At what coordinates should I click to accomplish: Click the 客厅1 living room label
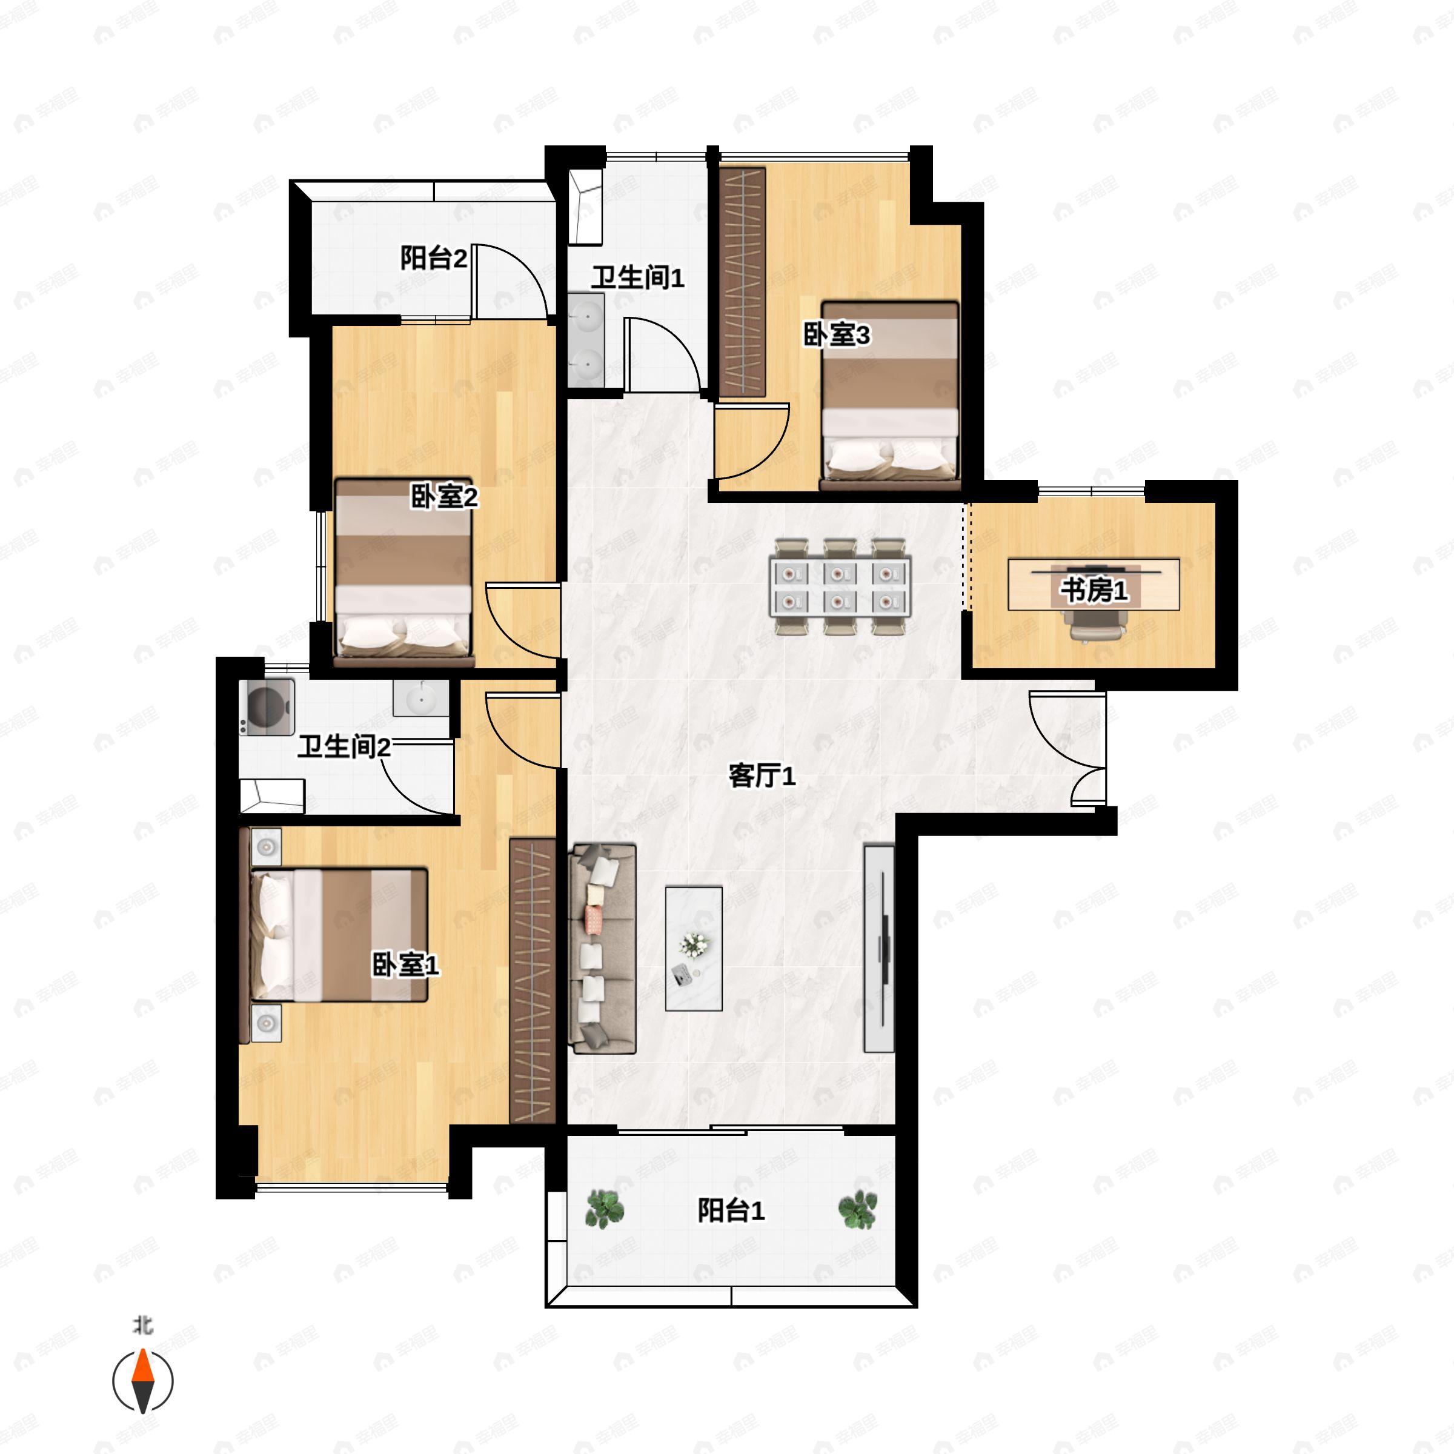point(762,776)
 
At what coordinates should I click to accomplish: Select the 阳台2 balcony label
point(434,258)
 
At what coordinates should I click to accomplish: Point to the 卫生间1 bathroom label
point(637,277)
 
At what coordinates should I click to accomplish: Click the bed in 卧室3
point(891,396)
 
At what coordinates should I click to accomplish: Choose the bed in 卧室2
point(403,573)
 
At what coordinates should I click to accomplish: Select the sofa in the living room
point(602,948)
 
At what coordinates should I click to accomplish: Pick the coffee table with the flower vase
point(693,948)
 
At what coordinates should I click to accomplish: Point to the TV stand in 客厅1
point(879,948)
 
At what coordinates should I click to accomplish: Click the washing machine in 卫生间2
point(267,708)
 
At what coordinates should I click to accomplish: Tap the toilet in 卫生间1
point(585,207)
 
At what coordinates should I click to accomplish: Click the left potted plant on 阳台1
point(605,1209)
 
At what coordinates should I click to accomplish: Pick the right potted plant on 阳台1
point(858,1209)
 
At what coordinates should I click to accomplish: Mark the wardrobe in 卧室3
point(743,282)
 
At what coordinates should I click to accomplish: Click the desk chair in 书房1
point(1094,625)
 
